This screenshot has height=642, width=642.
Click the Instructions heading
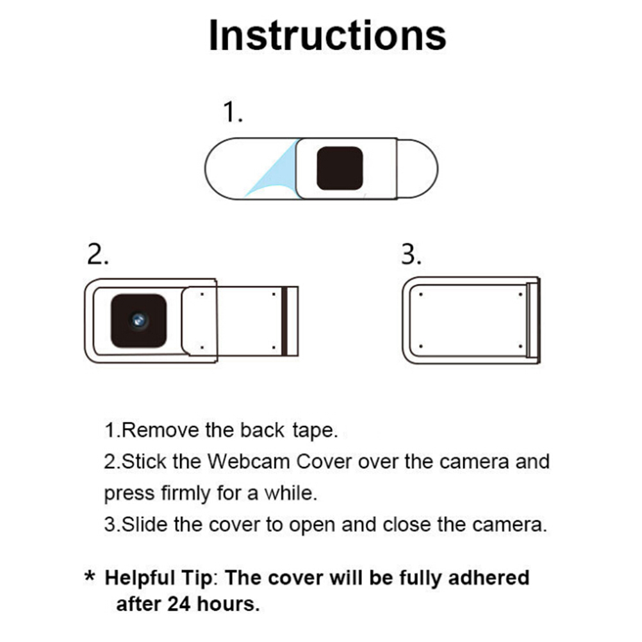[x=327, y=35]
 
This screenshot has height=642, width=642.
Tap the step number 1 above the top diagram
[x=232, y=111]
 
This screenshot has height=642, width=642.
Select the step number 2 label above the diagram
[x=97, y=254]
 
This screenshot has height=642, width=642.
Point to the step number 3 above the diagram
[x=411, y=254]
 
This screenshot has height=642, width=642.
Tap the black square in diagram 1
[x=340, y=169]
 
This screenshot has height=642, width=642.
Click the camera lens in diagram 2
[x=139, y=320]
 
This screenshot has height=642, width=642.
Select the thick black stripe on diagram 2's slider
[x=284, y=321]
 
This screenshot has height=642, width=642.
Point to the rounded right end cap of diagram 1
[x=417, y=169]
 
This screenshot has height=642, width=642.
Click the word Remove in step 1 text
[x=160, y=431]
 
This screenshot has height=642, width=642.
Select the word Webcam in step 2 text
[x=249, y=461]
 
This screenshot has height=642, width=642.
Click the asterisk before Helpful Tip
[x=90, y=576]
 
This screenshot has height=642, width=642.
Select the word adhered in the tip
[x=489, y=578]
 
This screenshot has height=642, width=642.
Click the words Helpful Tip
[x=159, y=579]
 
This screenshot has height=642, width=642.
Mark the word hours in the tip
[x=228, y=604]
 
